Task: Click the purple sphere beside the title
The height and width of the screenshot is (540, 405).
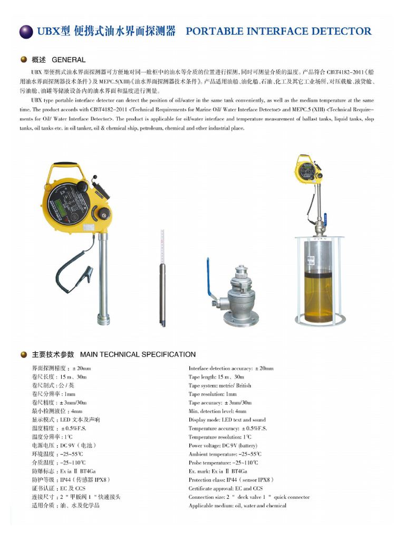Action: pos(26,32)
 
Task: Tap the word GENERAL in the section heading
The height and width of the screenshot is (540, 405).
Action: pos(69,60)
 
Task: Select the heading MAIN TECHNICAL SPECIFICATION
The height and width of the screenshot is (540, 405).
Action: pos(138,354)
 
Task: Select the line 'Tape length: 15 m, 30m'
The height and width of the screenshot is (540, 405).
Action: pos(216,377)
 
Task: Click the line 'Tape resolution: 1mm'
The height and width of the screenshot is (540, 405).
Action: pos(213,394)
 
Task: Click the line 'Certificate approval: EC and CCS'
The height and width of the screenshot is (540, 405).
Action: pos(225,488)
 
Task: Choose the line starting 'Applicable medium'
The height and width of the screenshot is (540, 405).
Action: pos(237,506)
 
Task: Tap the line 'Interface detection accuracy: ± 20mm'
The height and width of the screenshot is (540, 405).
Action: pos(231,369)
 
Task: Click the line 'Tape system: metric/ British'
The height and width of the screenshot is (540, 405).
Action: pos(220,385)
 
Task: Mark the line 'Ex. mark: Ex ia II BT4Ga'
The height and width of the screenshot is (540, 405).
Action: pos(218,471)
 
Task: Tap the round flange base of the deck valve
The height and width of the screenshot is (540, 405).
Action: pos(241,319)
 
